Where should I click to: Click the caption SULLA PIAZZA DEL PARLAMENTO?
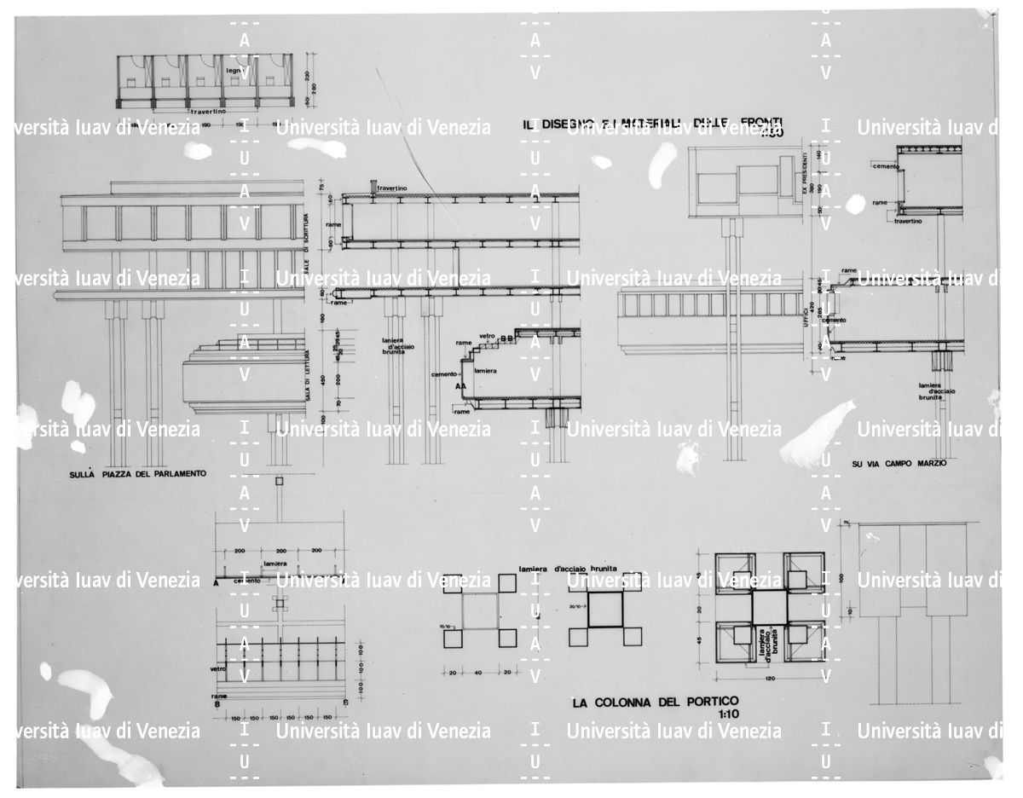pos(137,473)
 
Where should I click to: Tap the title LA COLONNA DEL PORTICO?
pos(655,703)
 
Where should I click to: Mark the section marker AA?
pos(462,385)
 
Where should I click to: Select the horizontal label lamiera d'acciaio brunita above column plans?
pos(573,567)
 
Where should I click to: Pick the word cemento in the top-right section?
pos(885,167)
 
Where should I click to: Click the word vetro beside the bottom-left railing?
pos(218,669)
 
